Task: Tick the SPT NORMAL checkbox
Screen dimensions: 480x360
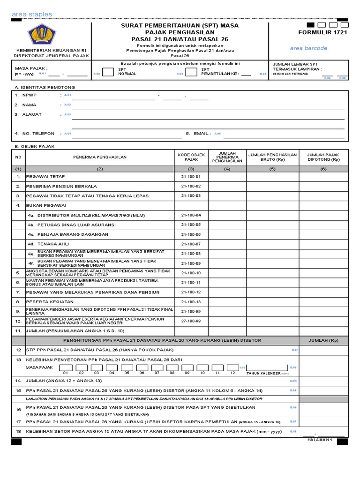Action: tap(107, 72)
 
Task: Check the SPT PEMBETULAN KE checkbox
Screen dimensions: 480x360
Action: tap(191, 72)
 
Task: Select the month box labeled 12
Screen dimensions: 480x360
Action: tap(232, 367)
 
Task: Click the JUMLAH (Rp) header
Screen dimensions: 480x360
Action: tap(323, 340)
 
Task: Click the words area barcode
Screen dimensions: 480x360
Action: tap(308, 48)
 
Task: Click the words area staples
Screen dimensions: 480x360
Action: tap(32, 15)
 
